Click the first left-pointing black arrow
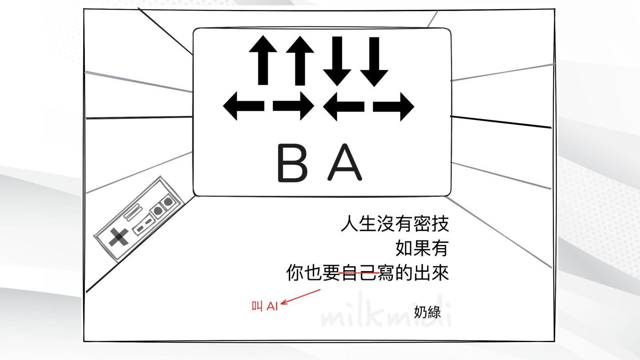click(x=244, y=107)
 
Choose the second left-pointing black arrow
click(x=344, y=107)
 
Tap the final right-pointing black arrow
click(x=393, y=107)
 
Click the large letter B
click(x=292, y=163)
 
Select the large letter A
click(x=344, y=163)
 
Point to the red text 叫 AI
click(x=265, y=306)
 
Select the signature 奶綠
click(x=427, y=312)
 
